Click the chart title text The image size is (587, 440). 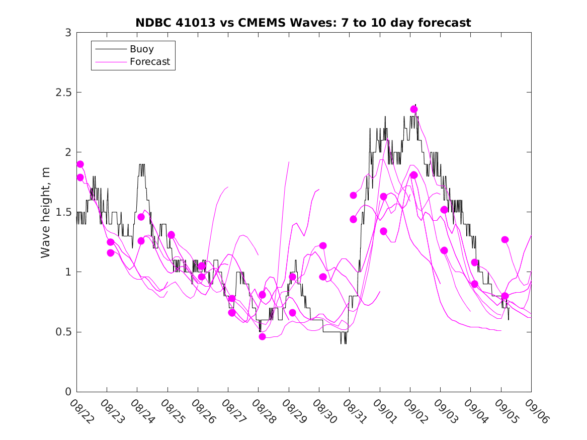pyautogui.click(x=303, y=23)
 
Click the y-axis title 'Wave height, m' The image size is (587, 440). pyautogui.click(x=46, y=212)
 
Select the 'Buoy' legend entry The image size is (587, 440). pyautogui.click(x=141, y=49)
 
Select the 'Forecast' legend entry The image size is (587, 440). pyautogui.click(x=149, y=62)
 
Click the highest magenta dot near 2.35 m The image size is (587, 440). pyautogui.click(x=414, y=109)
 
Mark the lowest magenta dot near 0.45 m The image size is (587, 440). pyautogui.click(x=262, y=336)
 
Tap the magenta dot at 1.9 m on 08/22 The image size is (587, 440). pyautogui.click(x=80, y=164)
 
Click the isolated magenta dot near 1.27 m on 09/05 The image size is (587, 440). pyautogui.click(x=505, y=239)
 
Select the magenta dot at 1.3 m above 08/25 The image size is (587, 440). pyautogui.click(x=171, y=235)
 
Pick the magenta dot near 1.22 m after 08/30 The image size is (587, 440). pyautogui.click(x=323, y=245)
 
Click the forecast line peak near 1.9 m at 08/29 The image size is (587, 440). pyautogui.click(x=289, y=162)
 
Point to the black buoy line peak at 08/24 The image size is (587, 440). pyautogui.click(x=141, y=164)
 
